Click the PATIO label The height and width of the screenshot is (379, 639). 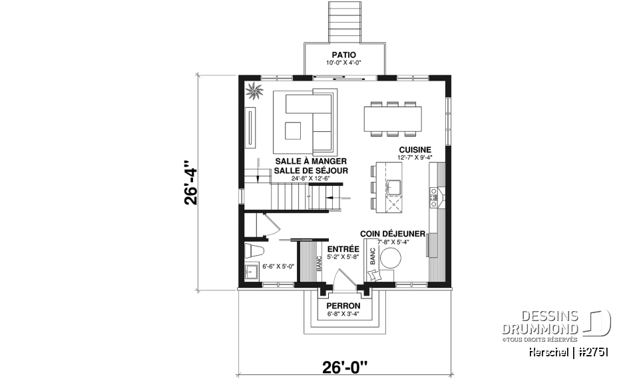pyautogui.click(x=343, y=55)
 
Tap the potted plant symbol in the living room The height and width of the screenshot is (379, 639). pyautogui.click(x=253, y=91)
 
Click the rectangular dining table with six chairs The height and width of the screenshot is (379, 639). pyautogui.click(x=393, y=119)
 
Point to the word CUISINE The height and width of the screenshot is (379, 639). pyautogui.click(x=415, y=150)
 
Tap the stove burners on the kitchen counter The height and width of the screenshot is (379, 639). pyautogui.click(x=436, y=194)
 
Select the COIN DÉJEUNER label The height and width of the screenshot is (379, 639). pyautogui.click(x=392, y=234)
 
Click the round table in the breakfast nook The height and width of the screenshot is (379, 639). pyautogui.click(x=391, y=258)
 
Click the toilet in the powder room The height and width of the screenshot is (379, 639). pyautogui.click(x=253, y=251)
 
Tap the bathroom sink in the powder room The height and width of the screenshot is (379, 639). pyautogui.click(x=252, y=272)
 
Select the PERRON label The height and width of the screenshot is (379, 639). pyautogui.click(x=343, y=306)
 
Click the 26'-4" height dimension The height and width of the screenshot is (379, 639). pyautogui.click(x=192, y=183)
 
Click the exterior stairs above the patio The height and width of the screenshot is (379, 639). pyautogui.click(x=343, y=21)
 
